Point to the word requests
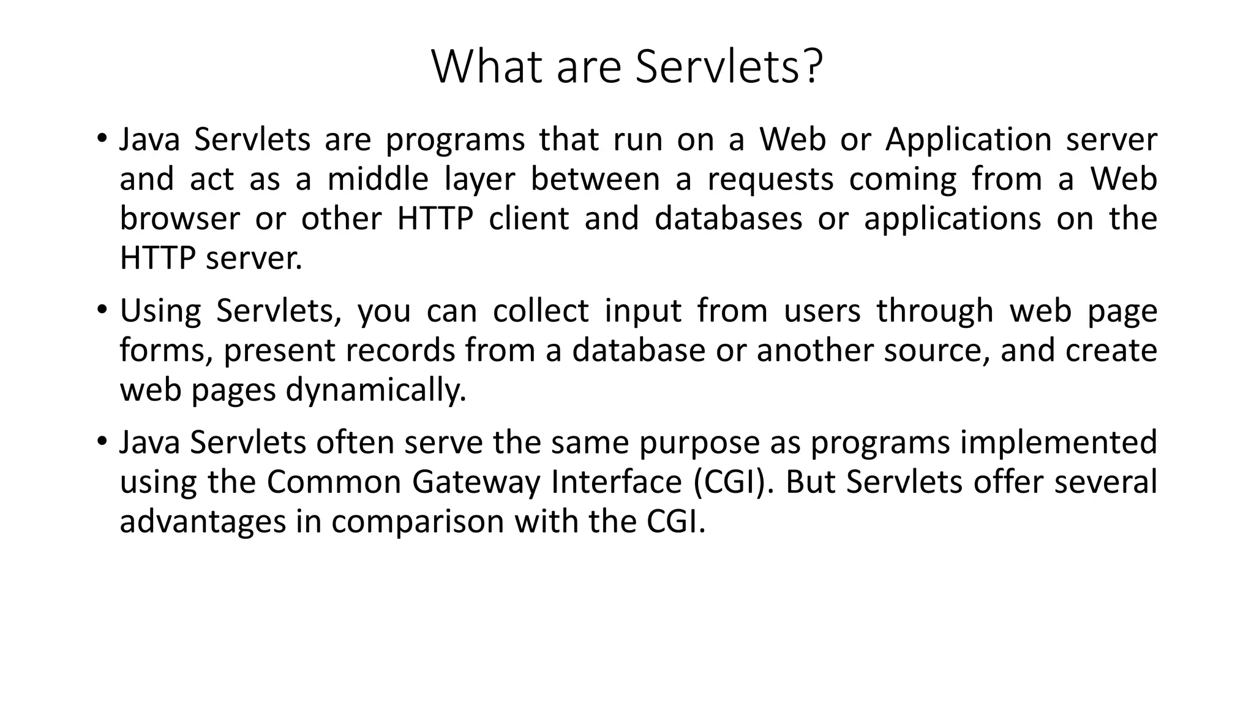(x=770, y=180)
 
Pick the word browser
(x=179, y=219)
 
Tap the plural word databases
(x=728, y=219)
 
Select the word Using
(x=160, y=311)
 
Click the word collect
(x=541, y=311)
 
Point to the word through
(x=934, y=311)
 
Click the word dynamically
(x=376, y=390)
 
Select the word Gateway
(x=476, y=482)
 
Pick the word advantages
(x=203, y=522)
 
